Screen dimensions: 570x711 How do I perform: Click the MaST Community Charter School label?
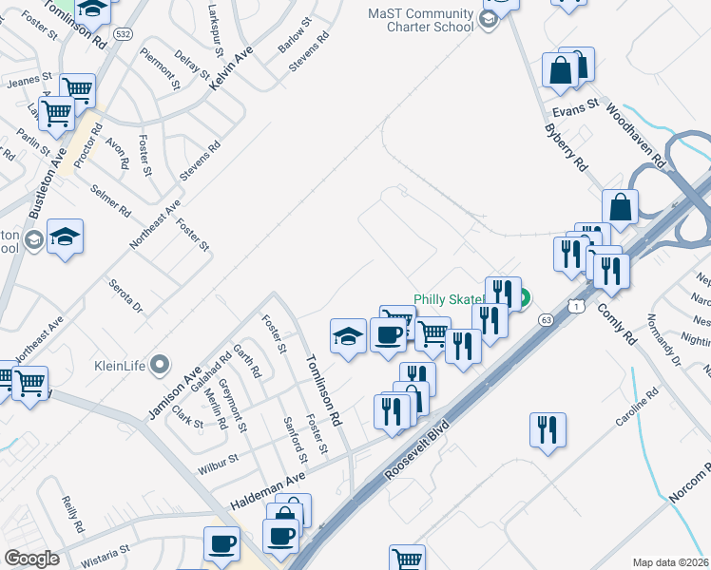click(421, 20)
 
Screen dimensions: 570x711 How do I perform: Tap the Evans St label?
click(577, 108)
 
